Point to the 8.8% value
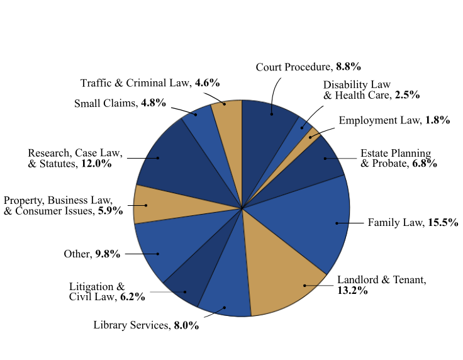(x=348, y=67)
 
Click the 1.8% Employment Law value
(x=437, y=120)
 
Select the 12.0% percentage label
(x=96, y=164)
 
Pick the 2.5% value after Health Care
(x=407, y=95)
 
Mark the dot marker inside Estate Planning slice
(x=325, y=158)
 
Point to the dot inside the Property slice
(x=146, y=205)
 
